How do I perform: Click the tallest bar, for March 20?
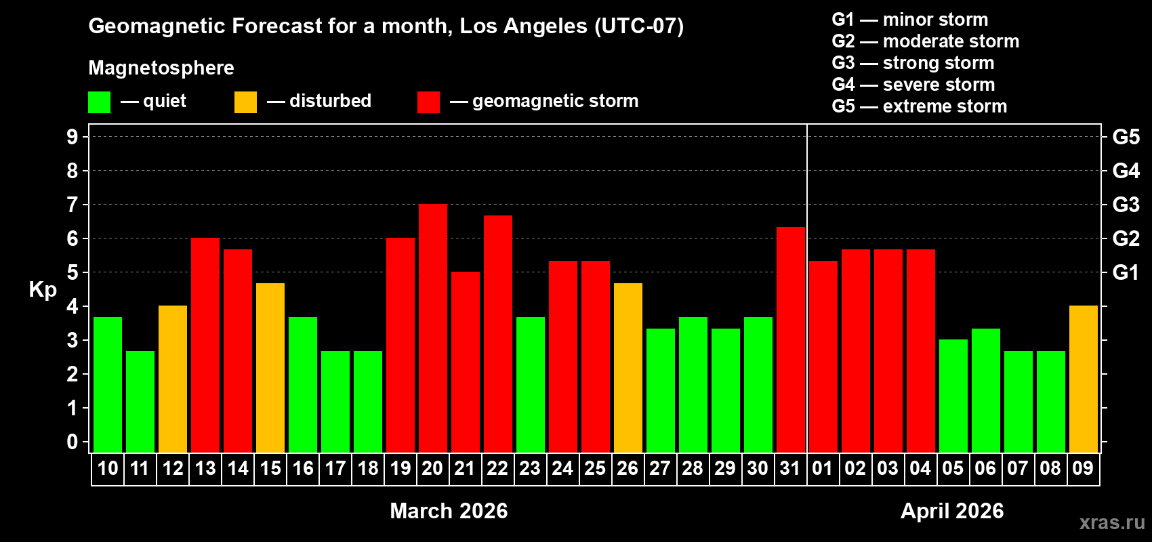pyautogui.click(x=433, y=329)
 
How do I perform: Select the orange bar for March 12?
pyautogui.click(x=173, y=379)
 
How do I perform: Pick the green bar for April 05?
pyautogui.click(x=953, y=396)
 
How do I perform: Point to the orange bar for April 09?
pyautogui.click(x=1084, y=379)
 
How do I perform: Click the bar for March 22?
pyautogui.click(x=498, y=334)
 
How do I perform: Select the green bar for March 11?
pyautogui.click(x=140, y=402)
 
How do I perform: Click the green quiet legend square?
pyautogui.click(x=100, y=102)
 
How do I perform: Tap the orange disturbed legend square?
pyautogui.click(x=245, y=102)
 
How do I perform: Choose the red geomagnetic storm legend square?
pyautogui.click(x=428, y=102)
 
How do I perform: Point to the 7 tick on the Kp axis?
pyautogui.click(x=73, y=205)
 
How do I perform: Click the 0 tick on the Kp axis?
pyautogui.click(x=73, y=442)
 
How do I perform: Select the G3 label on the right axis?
pyautogui.click(x=1126, y=205)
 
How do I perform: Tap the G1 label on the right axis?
pyautogui.click(x=1126, y=272)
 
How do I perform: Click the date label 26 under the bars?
pyautogui.click(x=628, y=469)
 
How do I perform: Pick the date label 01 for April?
pyautogui.click(x=822, y=469)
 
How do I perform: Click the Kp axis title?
pyautogui.click(x=43, y=290)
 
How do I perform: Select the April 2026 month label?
pyautogui.click(x=952, y=511)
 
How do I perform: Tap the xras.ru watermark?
pyautogui.click(x=1112, y=522)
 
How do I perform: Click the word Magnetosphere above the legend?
pyautogui.click(x=161, y=68)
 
